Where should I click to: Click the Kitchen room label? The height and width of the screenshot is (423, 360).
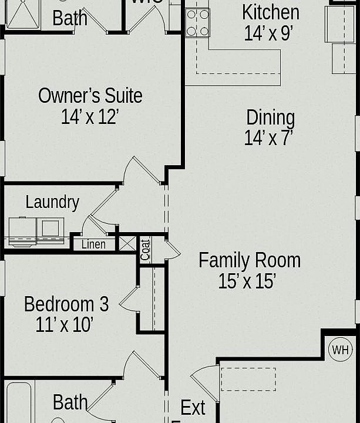tap(270, 12)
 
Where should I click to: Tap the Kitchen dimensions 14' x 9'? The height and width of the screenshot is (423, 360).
tap(268, 33)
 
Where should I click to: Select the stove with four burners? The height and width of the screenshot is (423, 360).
tap(197, 23)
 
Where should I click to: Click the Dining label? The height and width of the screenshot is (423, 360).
tap(270, 117)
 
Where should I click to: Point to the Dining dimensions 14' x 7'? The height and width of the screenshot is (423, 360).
tap(268, 137)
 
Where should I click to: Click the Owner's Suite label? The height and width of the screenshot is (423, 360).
tap(90, 95)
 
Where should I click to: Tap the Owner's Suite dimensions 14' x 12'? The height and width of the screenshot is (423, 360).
tap(90, 117)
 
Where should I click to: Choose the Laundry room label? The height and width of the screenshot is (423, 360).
tap(52, 202)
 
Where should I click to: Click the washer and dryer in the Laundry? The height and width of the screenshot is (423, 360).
tap(36, 230)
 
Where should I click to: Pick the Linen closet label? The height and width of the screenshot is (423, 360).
tap(93, 244)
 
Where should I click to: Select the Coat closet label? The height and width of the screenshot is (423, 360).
tap(146, 249)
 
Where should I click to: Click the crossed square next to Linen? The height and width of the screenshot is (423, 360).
tap(127, 243)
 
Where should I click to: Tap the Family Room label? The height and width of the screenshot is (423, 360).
tap(249, 260)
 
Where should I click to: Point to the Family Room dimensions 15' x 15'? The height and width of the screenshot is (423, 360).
tap(247, 281)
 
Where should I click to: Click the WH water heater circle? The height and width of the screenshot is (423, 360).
tap(340, 350)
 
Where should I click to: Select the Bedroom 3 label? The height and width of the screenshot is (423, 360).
tap(66, 304)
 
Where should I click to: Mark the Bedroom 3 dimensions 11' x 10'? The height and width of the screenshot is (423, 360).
tap(65, 325)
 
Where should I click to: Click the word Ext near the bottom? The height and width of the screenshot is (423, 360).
tap(193, 407)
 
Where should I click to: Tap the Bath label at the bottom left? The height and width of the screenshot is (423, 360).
tap(70, 402)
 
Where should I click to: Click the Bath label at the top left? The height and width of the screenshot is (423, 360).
tap(70, 18)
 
